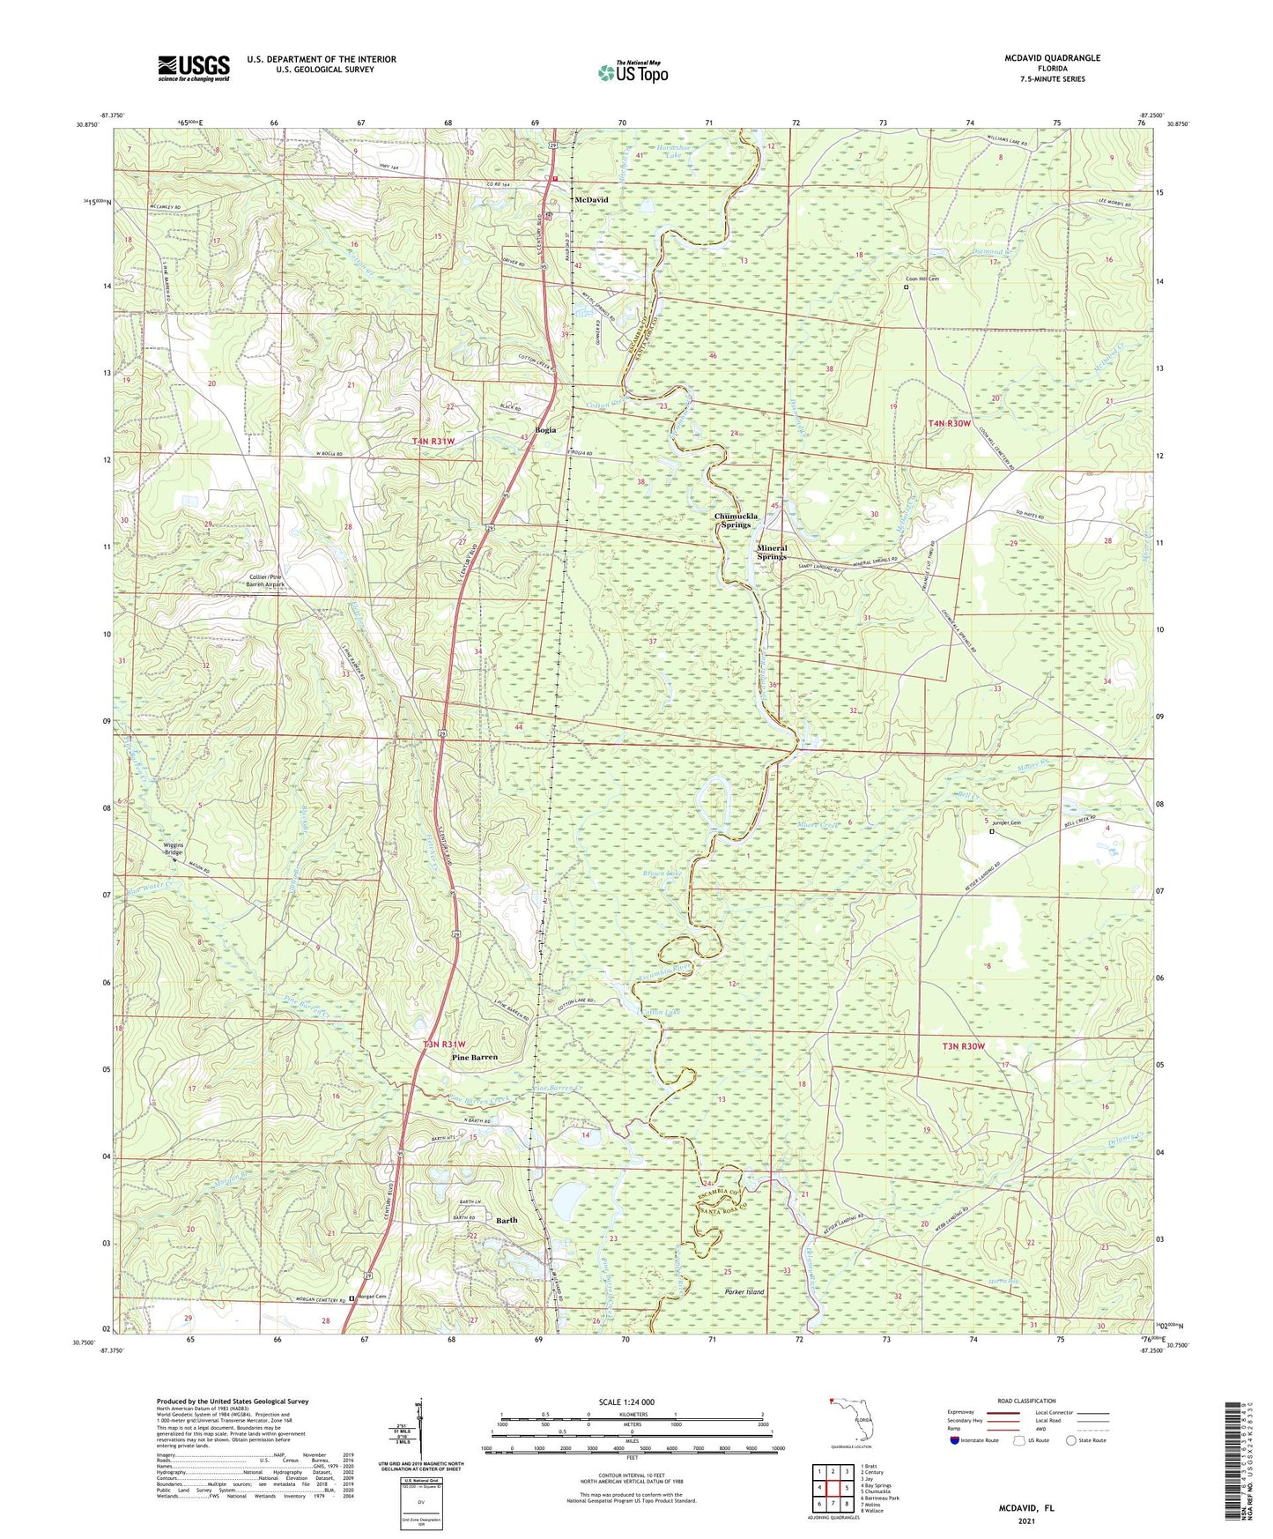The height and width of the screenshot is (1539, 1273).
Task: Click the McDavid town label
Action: click(x=590, y=200)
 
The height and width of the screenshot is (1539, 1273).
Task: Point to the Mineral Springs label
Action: click(x=772, y=552)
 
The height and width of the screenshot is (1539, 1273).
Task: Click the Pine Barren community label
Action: click(x=474, y=1057)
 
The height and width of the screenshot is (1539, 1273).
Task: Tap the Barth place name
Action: click(x=507, y=1220)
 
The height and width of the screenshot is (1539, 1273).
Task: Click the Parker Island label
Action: click(x=744, y=1291)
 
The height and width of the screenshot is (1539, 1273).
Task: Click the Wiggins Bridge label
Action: click(x=173, y=849)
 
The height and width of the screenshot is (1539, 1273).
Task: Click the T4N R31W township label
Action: click(x=433, y=441)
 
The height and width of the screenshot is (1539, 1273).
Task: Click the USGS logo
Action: click(x=194, y=68)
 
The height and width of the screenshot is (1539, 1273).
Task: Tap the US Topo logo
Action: click(x=633, y=72)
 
